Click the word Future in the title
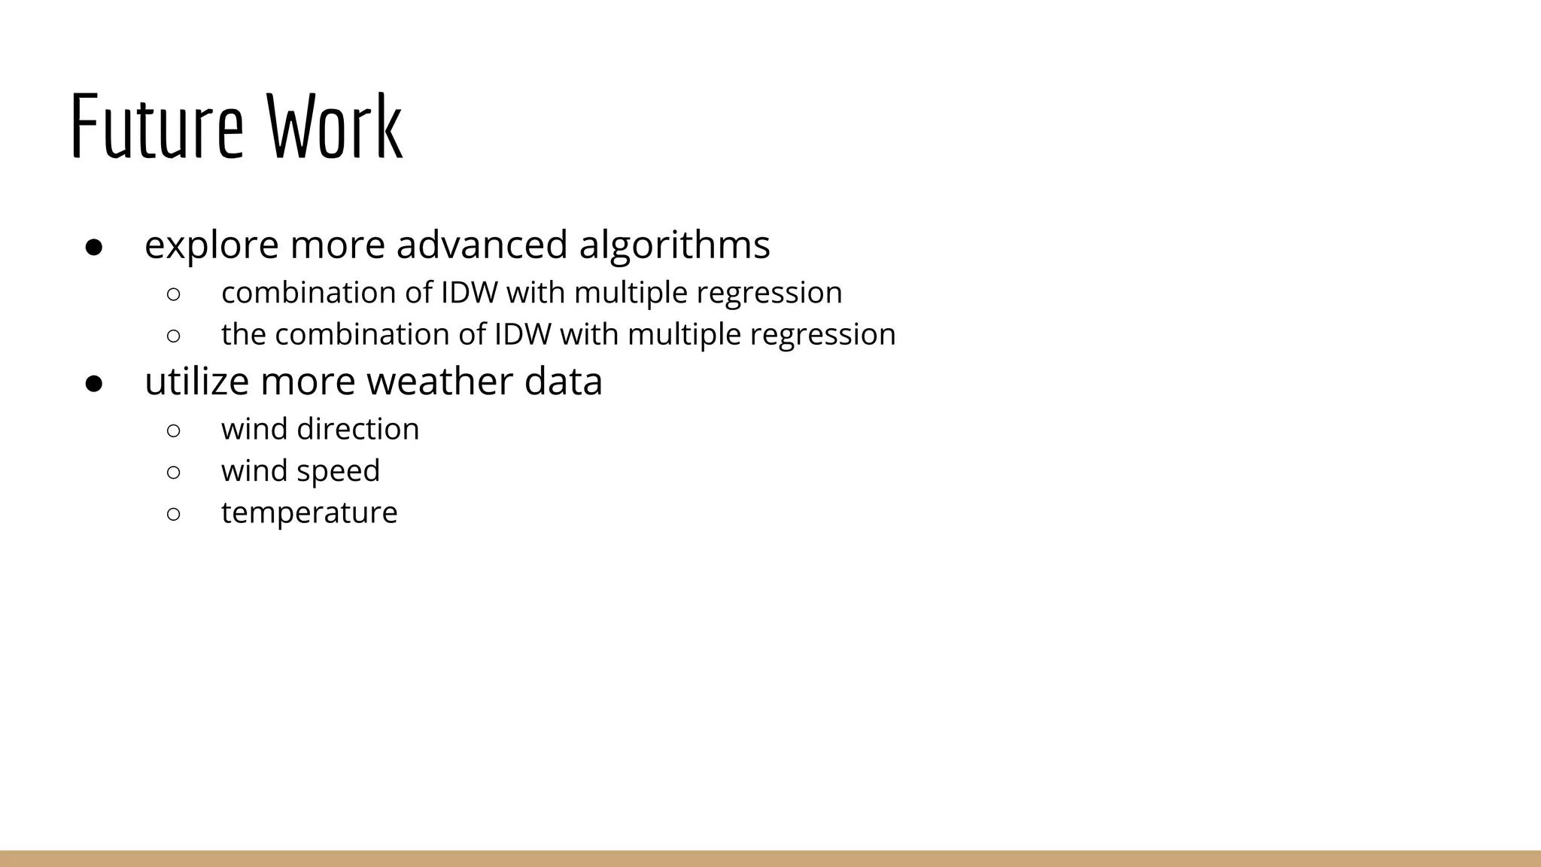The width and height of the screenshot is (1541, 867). (x=157, y=126)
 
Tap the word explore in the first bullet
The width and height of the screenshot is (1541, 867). (x=211, y=245)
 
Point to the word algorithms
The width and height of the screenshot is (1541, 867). (x=674, y=245)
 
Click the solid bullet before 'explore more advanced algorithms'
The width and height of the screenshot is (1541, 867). (x=94, y=247)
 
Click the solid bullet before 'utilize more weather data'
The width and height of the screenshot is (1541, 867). (x=94, y=383)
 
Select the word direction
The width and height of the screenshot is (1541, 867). (x=358, y=429)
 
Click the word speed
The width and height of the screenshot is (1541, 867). (x=339, y=471)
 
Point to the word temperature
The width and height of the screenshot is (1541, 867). (x=309, y=513)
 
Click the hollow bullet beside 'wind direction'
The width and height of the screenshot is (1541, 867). (x=173, y=430)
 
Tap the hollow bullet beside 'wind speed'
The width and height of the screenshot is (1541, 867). (x=173, y=473)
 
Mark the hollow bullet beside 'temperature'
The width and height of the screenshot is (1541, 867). (x=173, y=514)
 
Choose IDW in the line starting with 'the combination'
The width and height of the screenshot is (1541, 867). (x=523, y=334)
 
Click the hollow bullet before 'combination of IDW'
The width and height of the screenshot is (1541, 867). (x=173, y=294)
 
